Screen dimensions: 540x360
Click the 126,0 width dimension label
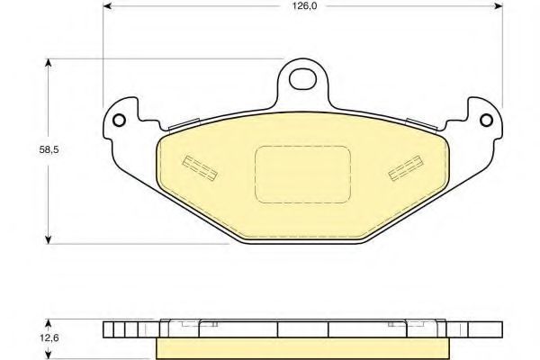[x=303, y=6]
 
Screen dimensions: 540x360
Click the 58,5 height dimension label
[x=49, y=150]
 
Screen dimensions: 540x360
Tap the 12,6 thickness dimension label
[x=49, y=338]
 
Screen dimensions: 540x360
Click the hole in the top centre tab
[x=302, y=79]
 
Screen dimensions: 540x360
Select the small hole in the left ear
[x=119, y=121]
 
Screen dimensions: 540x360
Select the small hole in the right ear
[x=486, y=121]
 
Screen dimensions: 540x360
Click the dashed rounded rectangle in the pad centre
[x=302, y=175]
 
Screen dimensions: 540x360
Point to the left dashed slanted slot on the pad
[x=200, y=167]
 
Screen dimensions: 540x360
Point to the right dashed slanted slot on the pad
[x=406, y=167]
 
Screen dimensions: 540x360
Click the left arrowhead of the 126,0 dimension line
[x=107, y=6]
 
